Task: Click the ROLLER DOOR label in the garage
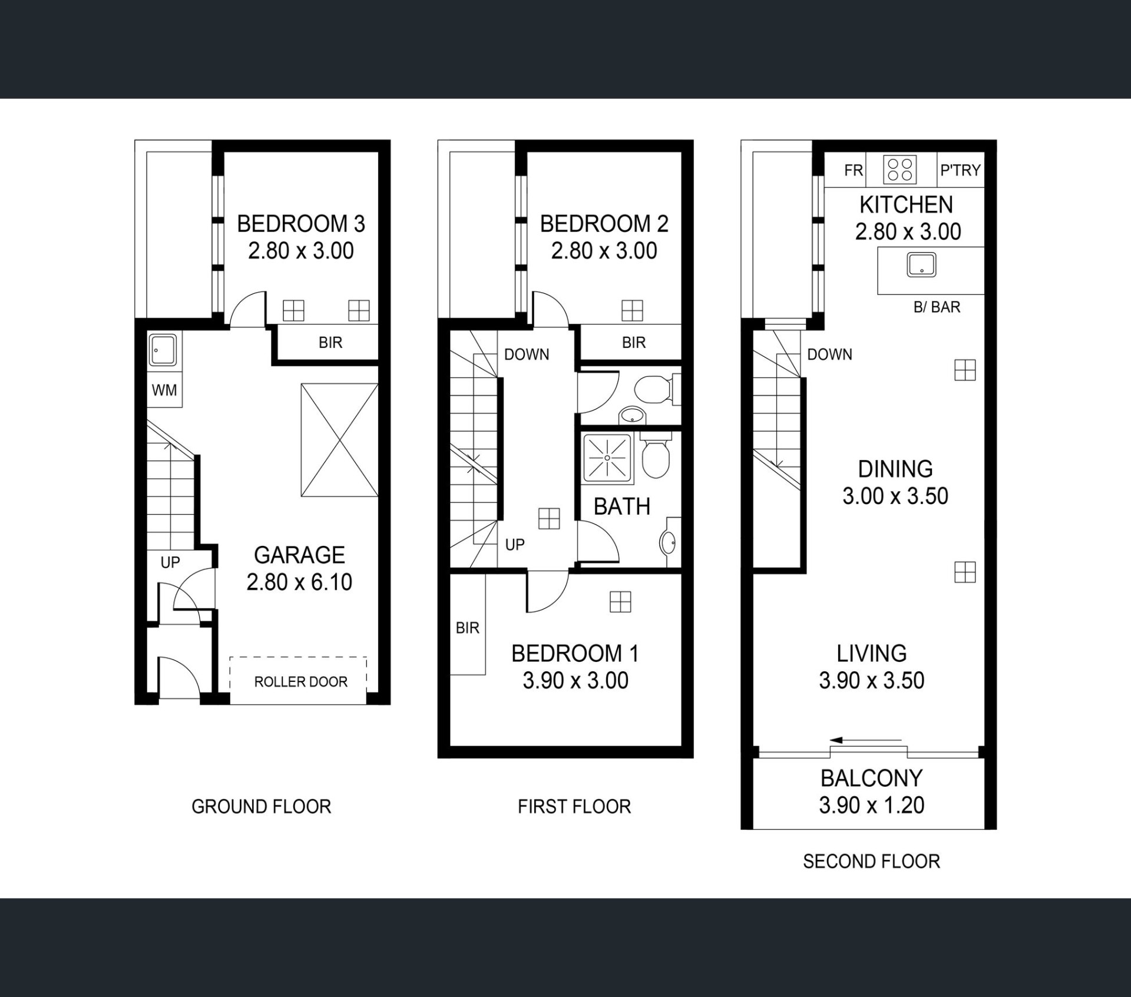tap(300, 681)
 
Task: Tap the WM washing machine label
tap(164, 390)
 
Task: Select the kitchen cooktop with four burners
tap(900, 170)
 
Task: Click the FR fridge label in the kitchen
tap(854, 170)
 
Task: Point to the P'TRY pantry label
tap(961, 170)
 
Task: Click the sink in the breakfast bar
tap(921, 264)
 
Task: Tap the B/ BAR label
tap(937, 307)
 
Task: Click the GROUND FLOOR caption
tap(262, 806)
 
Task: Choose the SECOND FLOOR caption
tap(871, 862)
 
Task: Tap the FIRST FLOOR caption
tap(574, 806)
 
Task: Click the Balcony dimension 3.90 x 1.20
tap(871, 805)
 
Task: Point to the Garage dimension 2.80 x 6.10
tap(299, 582)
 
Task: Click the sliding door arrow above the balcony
tap(865, 740)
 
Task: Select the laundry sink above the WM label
tap(162, 350)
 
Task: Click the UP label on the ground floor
tap(170, 562)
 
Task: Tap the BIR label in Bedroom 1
tap(468, 628)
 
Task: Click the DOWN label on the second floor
tap(829, 355)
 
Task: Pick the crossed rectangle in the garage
tap(339, 440)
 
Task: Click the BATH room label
tap(621, 506)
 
